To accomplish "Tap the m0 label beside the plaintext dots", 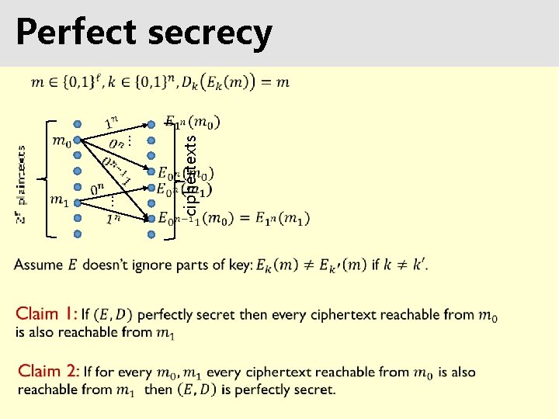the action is (x=59, y=140).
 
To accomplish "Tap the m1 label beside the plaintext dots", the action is (x=59, y=199).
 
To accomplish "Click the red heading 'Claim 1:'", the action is (x=47, y=314).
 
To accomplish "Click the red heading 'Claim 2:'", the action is (x=48, y=372).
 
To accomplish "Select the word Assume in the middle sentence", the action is (x=38, y=265).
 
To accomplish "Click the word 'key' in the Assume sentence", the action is (x=240, y=265).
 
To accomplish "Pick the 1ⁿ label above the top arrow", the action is (x=112, y=123).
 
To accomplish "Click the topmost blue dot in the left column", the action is (x=78, y=124).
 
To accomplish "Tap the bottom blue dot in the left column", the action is (x=78, y=233).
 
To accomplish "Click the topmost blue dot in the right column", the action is (x=151, y=124).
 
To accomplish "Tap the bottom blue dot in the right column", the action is (x=151, y=233).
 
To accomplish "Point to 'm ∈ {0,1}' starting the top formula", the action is (x=61, y=83).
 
